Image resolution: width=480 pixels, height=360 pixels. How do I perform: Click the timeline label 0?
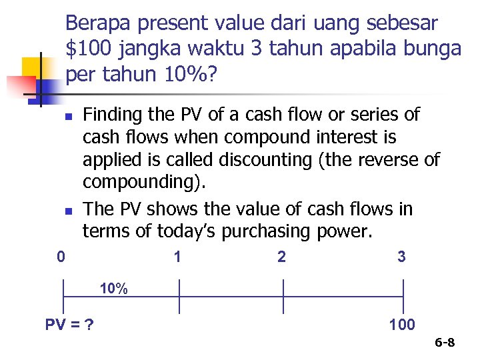point(61,256)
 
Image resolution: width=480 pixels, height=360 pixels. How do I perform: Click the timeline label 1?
point(177,256)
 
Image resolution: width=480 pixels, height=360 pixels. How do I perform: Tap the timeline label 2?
point(281,257)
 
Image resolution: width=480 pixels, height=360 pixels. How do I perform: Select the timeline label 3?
point(401,257)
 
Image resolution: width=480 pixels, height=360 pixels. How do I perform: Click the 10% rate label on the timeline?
point(114,289)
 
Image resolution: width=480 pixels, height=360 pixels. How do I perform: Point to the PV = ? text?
point(69,325)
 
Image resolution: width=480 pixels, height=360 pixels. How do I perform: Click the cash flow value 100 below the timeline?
point(402,325)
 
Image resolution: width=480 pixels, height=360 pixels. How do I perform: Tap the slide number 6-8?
point(445,343)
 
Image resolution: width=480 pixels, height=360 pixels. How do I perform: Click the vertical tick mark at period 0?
point(63,296)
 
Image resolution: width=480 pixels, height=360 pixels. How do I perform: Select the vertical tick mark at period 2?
point(283,296)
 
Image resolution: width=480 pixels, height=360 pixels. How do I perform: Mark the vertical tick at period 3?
point(403,296)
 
